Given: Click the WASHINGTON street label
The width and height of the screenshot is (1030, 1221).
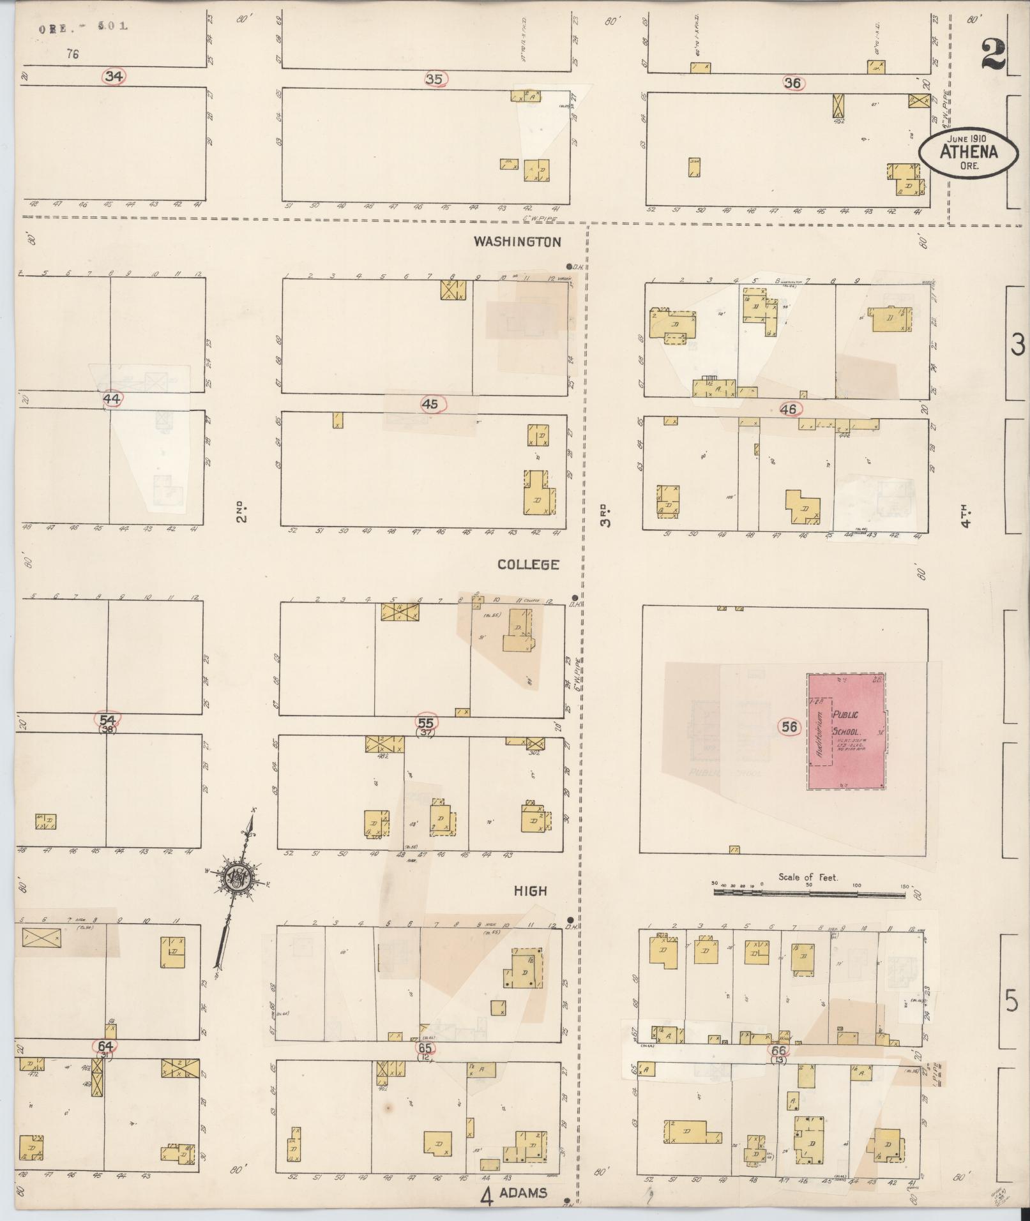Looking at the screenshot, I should tap(517, 242).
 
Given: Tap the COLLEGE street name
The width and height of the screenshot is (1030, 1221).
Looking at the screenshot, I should tap(528, 565).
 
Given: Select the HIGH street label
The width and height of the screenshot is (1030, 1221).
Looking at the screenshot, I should tap(531, 891).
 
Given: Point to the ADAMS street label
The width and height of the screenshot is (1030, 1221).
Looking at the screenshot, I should tap(523, 1192).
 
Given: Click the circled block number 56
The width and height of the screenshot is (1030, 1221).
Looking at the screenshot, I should tap(789, 726).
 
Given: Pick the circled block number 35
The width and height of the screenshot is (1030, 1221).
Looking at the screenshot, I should tap(434, 79).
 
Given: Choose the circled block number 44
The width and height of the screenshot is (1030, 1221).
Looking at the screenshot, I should tap(112, 399).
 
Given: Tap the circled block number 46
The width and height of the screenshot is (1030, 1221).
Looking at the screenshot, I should tap(789, 409).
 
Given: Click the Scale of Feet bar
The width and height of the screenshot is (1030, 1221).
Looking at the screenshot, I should tap(808, 895).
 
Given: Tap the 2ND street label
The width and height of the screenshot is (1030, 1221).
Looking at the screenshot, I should tap(241, 511).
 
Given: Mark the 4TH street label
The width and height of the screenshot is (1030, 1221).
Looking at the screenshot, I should tap(966, 516).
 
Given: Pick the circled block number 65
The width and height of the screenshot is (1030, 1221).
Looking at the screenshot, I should tap(425, 1047).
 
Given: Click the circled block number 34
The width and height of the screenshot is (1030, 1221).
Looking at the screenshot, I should tap(114, 77).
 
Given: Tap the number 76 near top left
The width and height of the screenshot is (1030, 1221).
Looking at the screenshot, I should tap(72, 55).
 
